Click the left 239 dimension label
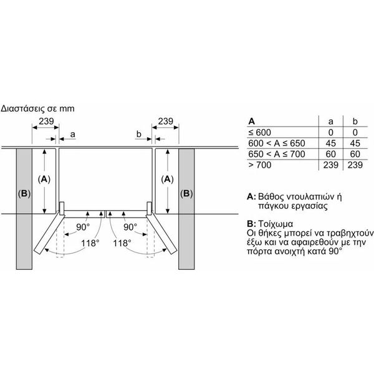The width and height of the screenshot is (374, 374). pos(46,121)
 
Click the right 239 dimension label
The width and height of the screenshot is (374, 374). pos(166,121)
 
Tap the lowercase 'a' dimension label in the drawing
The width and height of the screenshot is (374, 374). pos(73,135)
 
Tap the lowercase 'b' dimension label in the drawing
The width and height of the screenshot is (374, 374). pos(139,134)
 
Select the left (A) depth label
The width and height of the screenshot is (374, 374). pos(44,179)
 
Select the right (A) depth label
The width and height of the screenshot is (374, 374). pos(168,179)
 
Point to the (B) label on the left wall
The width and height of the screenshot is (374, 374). pos(24,194)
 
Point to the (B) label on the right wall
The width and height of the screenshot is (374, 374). pos(186,194)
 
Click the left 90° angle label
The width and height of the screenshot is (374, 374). pos(83,227)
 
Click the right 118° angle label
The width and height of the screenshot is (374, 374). pos(122,243)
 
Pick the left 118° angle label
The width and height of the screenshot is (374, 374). pos(90,243)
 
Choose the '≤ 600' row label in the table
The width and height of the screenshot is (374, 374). pos(259,132)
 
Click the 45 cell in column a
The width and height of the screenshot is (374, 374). pos(330,143)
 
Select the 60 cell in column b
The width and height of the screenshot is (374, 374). pos(355,154)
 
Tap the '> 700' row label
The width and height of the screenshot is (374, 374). pos(260,165)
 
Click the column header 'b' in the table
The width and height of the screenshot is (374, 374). pos(355,122)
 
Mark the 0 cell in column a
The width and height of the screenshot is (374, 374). pos(330,132)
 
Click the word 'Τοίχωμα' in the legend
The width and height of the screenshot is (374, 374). pos(276,224)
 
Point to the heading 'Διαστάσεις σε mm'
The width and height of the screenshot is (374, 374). pos(37,108)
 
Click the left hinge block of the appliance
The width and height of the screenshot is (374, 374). pos(62,208)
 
